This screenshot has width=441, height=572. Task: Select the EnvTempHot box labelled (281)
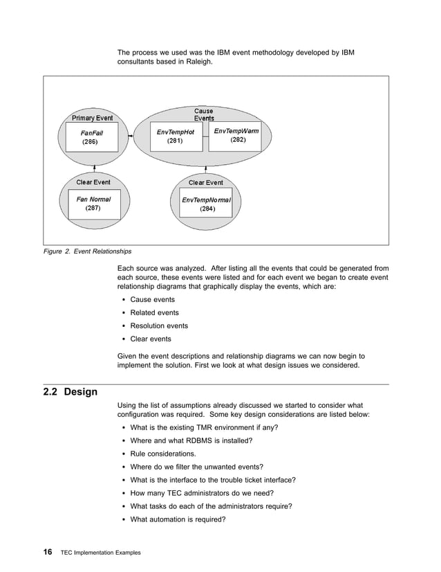(x=175, y=136)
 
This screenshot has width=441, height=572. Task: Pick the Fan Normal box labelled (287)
(x=93, y=204)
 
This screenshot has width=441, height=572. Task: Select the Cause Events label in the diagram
(x=204, y=114)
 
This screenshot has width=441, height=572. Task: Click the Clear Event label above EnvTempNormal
(x=206, y=183)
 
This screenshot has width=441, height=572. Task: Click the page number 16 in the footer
(x=48, y=552)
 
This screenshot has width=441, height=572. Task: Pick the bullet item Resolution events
(x=158, y=325)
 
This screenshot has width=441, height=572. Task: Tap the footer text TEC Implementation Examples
(x=101, y=553)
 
